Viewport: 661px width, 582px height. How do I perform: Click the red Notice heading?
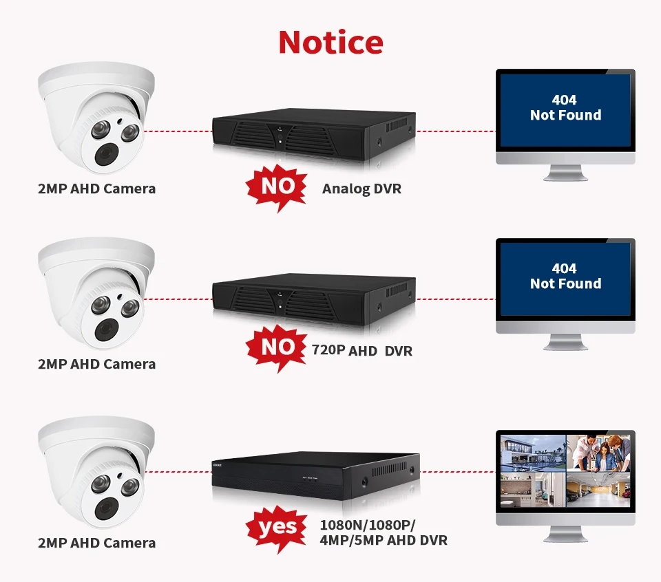tap(331, 42)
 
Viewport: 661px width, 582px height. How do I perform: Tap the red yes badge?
tap(277, 528)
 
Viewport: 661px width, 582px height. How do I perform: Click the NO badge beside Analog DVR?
tap(277, 186)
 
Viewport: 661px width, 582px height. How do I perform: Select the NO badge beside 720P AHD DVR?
tap(277, 347)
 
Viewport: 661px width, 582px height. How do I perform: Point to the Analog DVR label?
tap(361, 188)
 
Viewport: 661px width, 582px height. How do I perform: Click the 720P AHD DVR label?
tap(361, 350)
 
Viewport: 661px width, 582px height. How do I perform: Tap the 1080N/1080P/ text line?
tap(368, 525)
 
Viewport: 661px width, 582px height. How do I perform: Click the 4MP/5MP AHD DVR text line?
tap(384, 540)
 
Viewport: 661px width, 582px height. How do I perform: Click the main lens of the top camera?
tap(106, 155)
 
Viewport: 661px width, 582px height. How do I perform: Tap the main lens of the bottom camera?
tap(106, 508)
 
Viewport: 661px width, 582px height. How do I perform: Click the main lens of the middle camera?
tap(106, 330)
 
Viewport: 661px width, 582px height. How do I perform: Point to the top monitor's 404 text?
tap(564, 100)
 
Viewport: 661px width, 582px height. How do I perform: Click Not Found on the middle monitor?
tap(566, 283)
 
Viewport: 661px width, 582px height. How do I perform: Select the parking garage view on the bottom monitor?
tap(598, 489)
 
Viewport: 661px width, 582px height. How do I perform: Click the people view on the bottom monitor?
tap(598, 453)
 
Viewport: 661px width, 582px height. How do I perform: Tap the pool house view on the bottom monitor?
tap(533, 453)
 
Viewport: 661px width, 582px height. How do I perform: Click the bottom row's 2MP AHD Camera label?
tap(97, 543)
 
